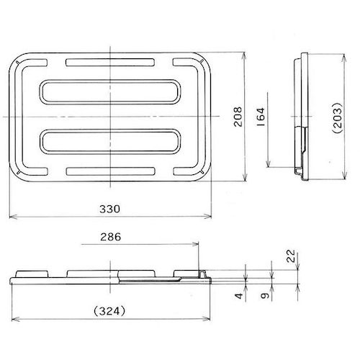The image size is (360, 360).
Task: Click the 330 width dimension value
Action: (110, 208)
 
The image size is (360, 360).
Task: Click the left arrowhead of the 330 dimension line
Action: (9, 215)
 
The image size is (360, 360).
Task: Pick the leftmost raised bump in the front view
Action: (32, 271)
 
